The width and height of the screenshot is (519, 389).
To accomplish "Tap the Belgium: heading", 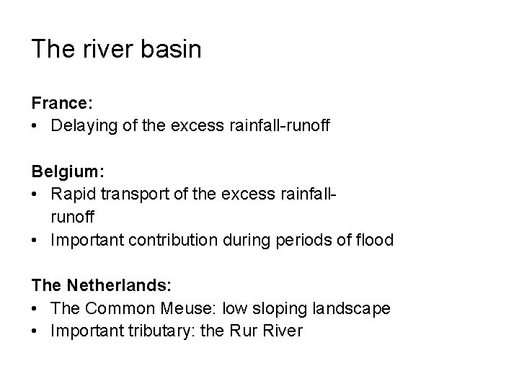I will (68, 173).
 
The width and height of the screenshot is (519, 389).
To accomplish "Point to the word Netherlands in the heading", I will (110, 286).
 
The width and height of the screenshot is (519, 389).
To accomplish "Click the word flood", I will (375, 240).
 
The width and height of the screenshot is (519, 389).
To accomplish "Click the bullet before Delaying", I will (35, 127).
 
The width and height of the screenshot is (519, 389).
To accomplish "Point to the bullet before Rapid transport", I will (35, 194).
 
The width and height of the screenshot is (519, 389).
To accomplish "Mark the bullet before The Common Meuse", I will (35, 308).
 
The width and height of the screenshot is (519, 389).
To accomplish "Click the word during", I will (246, 240).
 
